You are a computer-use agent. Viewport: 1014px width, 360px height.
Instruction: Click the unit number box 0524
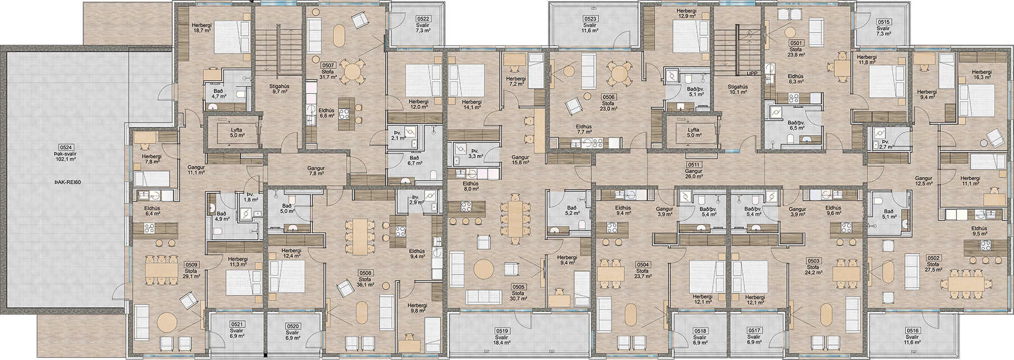65,147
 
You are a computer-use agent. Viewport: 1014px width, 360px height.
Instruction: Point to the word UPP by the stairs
752,73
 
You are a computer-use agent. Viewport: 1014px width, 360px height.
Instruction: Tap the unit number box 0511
694,165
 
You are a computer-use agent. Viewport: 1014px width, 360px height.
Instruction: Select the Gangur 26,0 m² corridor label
694,174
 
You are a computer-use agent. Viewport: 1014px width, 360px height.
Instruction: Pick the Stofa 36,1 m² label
366,282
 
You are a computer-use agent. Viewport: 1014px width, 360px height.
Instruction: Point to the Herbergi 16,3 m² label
981,76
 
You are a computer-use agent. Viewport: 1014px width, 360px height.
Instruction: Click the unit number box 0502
933,258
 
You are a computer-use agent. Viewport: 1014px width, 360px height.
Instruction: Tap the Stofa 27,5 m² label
933,268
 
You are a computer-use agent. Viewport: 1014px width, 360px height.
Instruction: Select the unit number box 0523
590,19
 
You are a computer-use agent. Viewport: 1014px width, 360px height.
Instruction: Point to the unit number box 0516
912,330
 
